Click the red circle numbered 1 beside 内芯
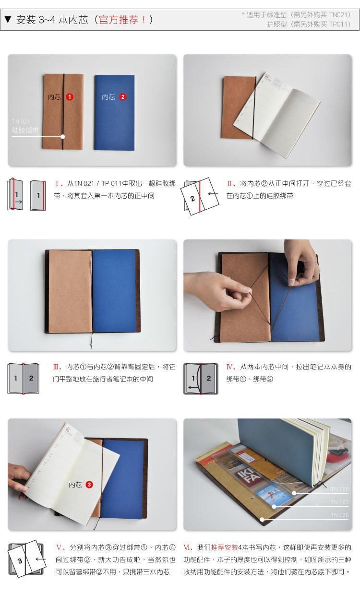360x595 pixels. click(x=70, y=97)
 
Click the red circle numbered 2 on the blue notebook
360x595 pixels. click(x=123, y=97)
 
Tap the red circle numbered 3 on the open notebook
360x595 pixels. click(x=89, y=485)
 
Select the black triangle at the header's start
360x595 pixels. click(x=8, y=20)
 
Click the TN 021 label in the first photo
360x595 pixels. click(x=21, y=122)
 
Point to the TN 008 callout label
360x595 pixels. click(x=340, y=489)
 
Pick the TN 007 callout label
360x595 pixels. click(x=340, y=502)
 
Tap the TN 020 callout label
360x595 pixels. click(x=340, y=515)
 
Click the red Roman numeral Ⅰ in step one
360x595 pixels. click(x=58, y=183)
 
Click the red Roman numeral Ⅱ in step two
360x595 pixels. click(x=229, y=183)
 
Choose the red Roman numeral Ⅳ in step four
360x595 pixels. click(x=229, y=367)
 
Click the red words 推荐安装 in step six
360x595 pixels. click(x=224, y=547)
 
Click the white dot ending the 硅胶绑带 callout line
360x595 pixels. click(x=63, y=137)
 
